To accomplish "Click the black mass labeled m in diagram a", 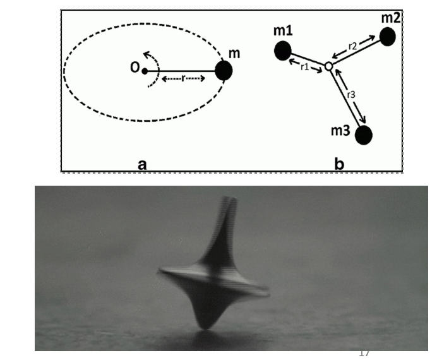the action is tap(224, 71).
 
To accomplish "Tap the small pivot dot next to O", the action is tap(145, 70).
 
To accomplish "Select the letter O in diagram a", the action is tap(135, 69).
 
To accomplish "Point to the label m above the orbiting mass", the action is tap(234, 54).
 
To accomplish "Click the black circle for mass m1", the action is tap(283, 50).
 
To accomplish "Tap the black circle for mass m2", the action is tap(387, 37).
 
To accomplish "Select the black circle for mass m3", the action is tap(364, 135).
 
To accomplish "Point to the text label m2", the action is tap(391, 17).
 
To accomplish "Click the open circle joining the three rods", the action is tap(328, 66).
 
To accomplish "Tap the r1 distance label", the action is tap(304, 66).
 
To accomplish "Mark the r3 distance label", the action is tap(351, 95).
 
